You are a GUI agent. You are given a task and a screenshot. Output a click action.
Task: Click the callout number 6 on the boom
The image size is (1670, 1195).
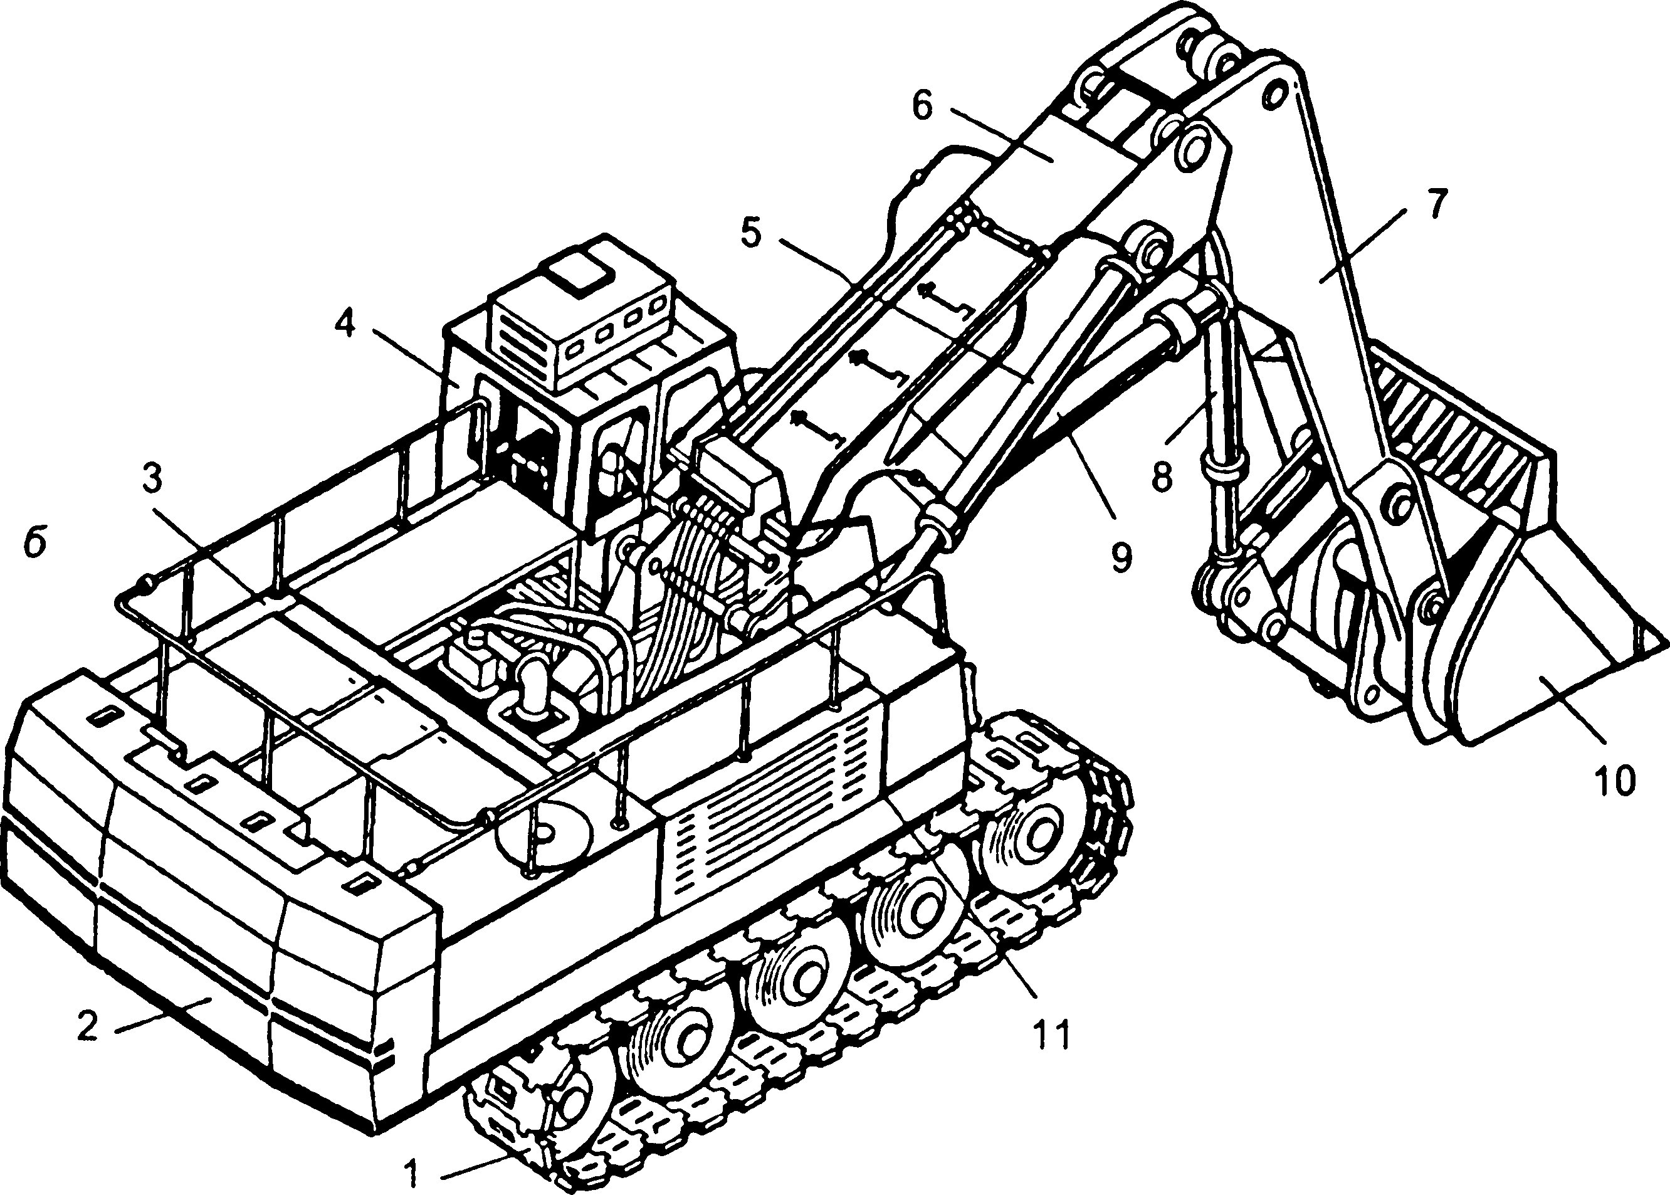[922, 105]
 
